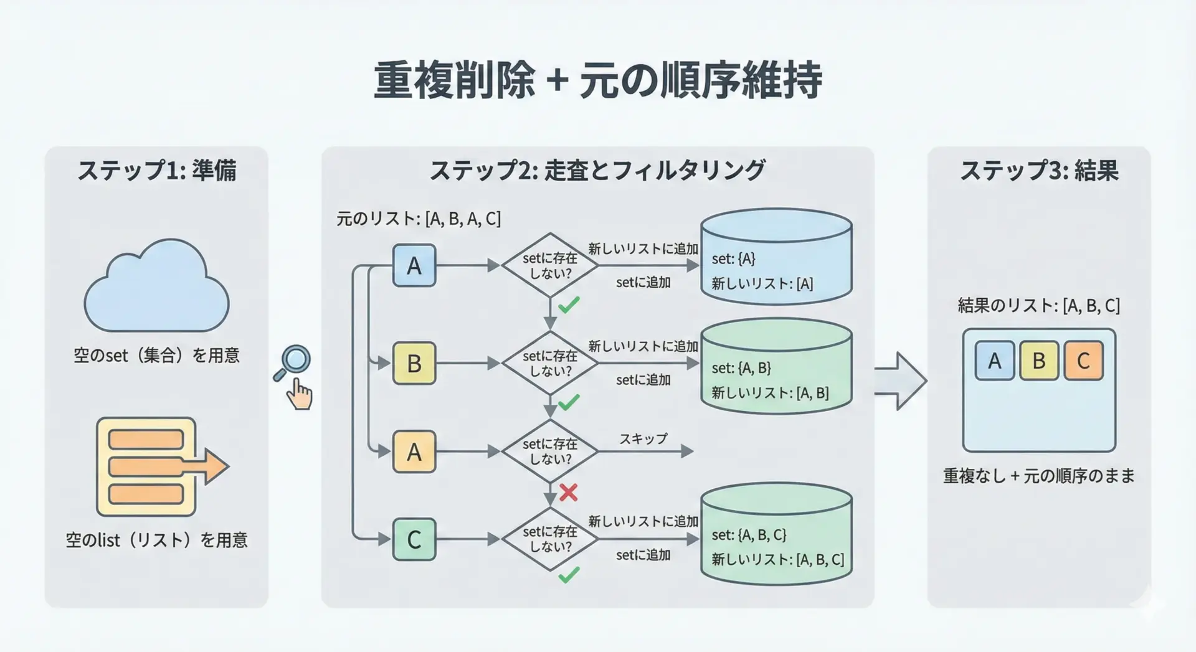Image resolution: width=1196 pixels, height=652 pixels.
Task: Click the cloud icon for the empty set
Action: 156,288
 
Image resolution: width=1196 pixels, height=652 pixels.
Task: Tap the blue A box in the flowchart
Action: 414,266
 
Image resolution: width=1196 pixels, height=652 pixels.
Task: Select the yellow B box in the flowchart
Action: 414,363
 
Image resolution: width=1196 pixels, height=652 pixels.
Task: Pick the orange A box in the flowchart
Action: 414,451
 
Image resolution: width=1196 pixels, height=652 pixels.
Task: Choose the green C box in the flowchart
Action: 414,539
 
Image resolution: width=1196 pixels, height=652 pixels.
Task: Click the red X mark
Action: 568,493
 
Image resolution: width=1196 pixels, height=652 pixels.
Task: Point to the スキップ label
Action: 643,438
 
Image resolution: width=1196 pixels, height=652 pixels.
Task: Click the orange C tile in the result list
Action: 1083,361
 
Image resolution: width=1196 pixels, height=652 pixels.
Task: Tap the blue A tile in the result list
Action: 995,361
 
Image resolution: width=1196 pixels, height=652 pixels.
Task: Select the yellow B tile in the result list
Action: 1039,361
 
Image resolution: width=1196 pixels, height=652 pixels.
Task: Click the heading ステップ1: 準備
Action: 156,171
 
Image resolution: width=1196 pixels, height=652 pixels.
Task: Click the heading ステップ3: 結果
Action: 1039,171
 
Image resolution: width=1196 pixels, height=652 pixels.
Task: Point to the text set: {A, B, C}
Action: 749,535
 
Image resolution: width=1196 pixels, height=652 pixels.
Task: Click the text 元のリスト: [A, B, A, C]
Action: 419,219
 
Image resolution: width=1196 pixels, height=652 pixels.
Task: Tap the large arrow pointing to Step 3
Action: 900,380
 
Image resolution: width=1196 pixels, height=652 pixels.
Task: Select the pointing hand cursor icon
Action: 300,394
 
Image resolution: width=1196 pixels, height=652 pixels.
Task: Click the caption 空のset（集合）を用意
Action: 156,356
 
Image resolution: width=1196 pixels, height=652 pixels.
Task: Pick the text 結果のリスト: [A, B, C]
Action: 1038,306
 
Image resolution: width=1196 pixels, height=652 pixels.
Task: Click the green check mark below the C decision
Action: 569,575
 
